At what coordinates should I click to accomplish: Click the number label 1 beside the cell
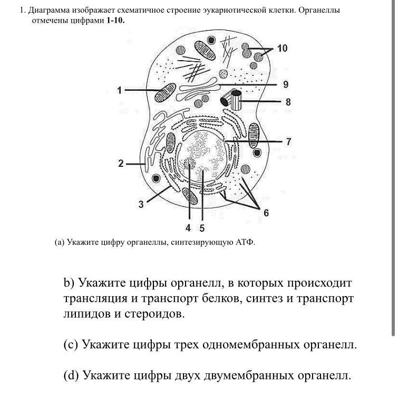tap(120, 90)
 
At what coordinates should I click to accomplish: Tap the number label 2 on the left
tap(121, 164)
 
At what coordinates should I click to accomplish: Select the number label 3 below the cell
tap(141, 205)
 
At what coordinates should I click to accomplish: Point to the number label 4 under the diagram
tap(188, 228)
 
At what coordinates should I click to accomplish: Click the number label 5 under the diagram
tap(201, 228)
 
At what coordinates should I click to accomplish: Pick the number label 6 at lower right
tap(266, 213)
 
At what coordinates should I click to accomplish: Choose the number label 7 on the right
tap(288, 141)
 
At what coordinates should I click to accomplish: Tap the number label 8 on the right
tap(288, 102)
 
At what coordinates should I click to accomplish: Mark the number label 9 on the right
tap(285, 84)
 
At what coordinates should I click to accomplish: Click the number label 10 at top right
tap(282, 49)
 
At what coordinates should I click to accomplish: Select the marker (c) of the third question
tap(71, 345)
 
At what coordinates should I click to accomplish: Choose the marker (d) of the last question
tap(71, 375)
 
